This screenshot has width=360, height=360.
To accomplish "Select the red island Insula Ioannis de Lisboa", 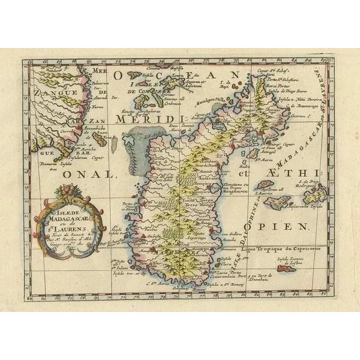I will (x=287, y=269).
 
